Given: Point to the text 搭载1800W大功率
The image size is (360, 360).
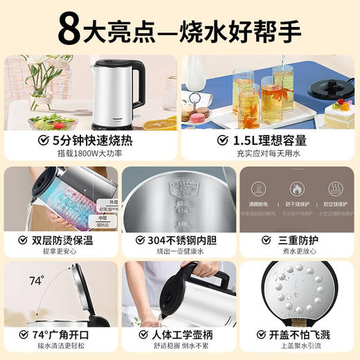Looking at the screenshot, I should [x=92, y=154].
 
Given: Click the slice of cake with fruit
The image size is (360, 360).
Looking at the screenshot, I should [x=339, y=113].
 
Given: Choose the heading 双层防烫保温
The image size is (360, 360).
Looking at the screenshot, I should [x=66, y=240].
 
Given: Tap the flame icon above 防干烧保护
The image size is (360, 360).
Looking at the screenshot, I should [x=296, y=188].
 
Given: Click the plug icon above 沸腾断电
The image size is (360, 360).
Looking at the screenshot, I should [x=260, y=188].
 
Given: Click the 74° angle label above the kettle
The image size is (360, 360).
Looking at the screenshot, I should [x=37, y=280].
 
